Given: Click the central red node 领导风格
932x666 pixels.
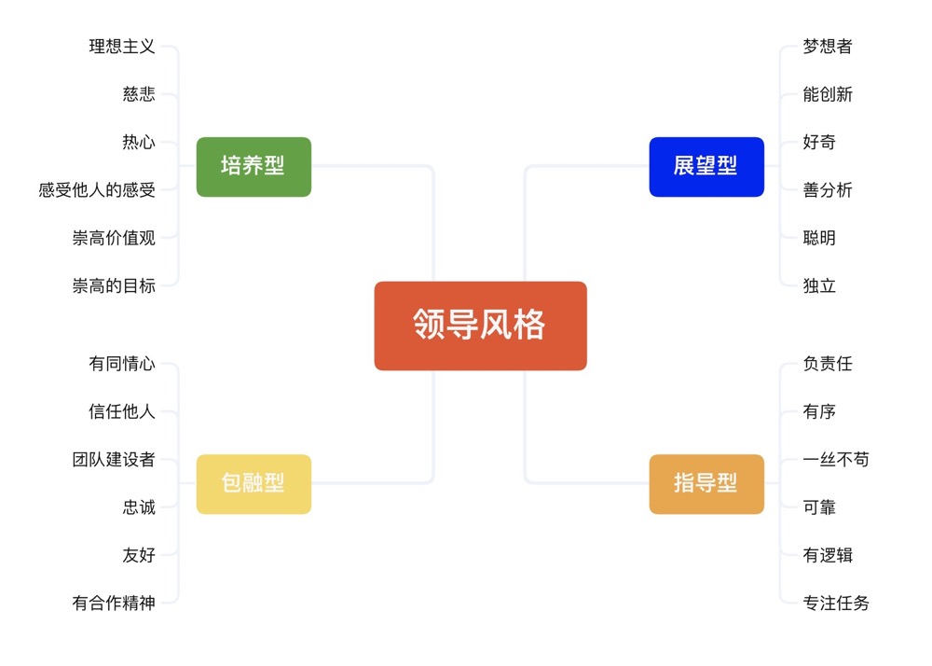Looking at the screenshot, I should [480, 326].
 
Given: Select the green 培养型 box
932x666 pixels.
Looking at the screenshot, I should [254, 167].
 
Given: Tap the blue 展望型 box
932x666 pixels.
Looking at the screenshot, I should [706, 167].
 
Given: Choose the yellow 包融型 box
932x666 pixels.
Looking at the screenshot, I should [254, 484].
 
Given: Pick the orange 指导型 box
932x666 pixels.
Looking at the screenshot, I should [706, 484].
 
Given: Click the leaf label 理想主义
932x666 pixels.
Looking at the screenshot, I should [122, 47].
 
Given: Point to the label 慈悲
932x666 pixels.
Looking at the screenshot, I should [139, 94].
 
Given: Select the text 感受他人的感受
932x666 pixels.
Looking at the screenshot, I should [97, 190].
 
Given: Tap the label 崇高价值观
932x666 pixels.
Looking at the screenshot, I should [114, 238].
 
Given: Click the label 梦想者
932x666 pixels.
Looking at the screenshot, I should [828, 47].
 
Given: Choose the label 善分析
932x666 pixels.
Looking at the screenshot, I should [828, 190].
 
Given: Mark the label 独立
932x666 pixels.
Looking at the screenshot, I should [819, 285].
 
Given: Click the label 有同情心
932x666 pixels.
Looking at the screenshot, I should [122, 364].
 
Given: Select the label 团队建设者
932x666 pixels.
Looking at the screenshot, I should [114, 460].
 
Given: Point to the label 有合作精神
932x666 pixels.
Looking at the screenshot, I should [114, 604].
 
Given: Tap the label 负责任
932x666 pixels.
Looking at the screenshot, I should [828, 364].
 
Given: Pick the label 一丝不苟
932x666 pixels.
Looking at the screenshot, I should [836, 460].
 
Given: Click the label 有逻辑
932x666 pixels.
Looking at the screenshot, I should [828, 556].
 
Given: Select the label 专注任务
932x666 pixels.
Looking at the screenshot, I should [836, 604].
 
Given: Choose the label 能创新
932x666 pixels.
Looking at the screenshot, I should [828, 94].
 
